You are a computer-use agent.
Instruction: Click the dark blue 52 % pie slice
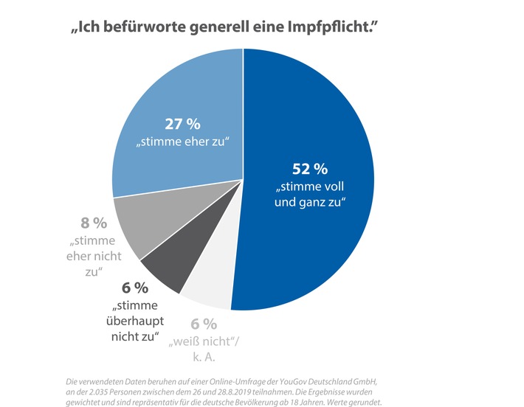click(x=310, y=221)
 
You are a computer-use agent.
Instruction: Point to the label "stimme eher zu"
click(x=179, y=140)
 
